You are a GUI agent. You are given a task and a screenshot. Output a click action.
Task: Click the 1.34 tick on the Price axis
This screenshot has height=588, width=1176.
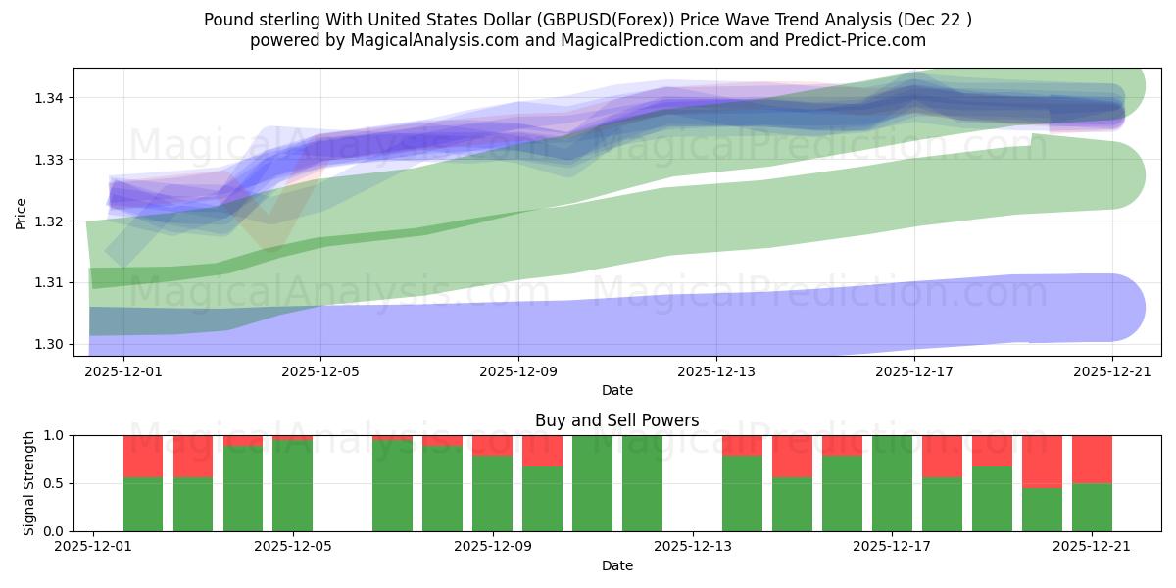(x=51, y=98)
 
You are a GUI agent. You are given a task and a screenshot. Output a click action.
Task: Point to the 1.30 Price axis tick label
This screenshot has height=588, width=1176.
(x=51, y=344)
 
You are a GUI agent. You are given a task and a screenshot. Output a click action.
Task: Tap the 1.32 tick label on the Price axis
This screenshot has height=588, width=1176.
(x=51, y=221)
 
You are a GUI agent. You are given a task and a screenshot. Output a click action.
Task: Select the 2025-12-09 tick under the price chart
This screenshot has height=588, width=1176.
(x=518, y=371)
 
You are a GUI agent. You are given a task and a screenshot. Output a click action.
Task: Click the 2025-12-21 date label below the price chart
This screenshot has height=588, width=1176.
(x=1112, y=371)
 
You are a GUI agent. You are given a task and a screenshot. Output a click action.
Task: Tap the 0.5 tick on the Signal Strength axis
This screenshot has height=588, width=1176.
(x=53, y=483)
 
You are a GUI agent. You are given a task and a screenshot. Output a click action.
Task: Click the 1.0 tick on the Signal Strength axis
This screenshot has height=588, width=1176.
(x=53, y=435)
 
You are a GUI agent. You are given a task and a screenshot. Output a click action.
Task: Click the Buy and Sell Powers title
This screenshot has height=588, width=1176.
(x=616, y=420)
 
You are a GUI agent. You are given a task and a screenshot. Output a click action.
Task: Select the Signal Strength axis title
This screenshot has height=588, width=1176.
(x=29, y=483)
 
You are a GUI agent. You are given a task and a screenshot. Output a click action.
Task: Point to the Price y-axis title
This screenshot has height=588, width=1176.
(x=22, y=212)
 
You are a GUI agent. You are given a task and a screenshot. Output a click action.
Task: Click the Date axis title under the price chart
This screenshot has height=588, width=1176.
(x=616, y=390)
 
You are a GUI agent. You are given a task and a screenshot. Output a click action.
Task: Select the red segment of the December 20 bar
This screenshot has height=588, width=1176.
(x=1042, y=461)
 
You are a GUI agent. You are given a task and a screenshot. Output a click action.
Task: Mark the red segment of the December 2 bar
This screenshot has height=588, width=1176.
(x=143, y=456)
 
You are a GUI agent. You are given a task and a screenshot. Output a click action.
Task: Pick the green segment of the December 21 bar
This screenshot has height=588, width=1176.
(x=1092, y=507)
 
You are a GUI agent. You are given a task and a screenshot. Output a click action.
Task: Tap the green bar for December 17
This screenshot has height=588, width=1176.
(x=892, y=483)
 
